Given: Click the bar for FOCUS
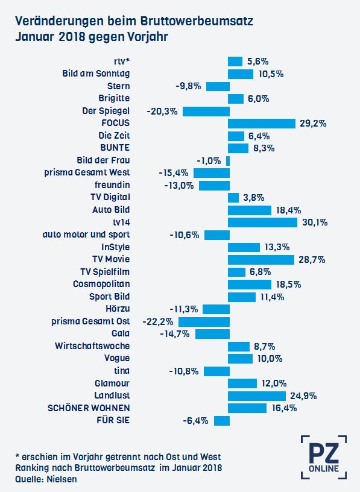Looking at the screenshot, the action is pyautogui.click(x=262, y=124).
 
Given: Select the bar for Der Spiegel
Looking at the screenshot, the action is pyautogui.click(x=206, y=112).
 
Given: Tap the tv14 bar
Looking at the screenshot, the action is pyautogui.click(x=263, y=222).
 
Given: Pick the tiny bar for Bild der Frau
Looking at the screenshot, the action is pyautogui.click(x=228, y=161).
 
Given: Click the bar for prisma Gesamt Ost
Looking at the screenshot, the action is pyautogui.click(x=204, y=321).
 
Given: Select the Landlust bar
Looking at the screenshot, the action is pyautogui.click(x=257, y=396).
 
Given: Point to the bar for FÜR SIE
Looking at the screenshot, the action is pyautogui.click(x=222, y=421).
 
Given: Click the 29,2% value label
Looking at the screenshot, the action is pyautogui.click(x=313, y=124).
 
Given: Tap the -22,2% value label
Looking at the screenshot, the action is pyautogui.click(x=158, y=321).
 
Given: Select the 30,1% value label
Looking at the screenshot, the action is pyautogui.click(x=315, y=222).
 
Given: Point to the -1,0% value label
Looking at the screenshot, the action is pyautogui.click(x=209, y=161).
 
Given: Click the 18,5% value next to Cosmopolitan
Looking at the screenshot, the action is pyautogui.click(x=288, y=285).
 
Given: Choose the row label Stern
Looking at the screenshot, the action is pyautogui.click(x=118, y=86).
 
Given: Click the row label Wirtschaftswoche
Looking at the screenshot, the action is pyautogui.click(x=92, y=345).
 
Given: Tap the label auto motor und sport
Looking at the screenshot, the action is pyautogui.click(x=86, y=235).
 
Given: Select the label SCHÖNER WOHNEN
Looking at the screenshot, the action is pyautogui.click(x=89, y=408).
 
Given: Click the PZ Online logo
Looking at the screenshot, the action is pyautogui.click(x=324, y=457).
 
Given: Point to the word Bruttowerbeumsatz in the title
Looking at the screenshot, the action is pyautogui.click(x=197, y=21).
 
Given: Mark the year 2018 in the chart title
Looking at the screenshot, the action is pyautogui.click(x=72, y=37).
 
